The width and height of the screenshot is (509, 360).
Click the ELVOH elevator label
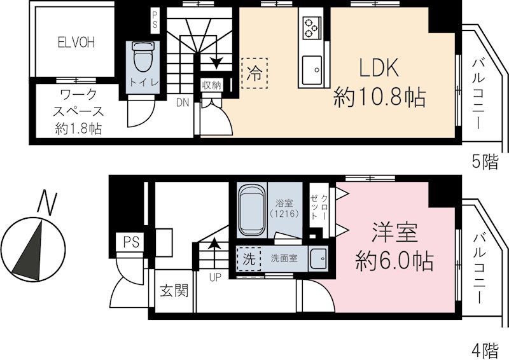[76, 43]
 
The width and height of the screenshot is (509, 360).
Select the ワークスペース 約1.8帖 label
[78, 111]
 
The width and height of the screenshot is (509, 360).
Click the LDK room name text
[379, 67]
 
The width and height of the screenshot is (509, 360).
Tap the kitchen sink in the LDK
[313, 69]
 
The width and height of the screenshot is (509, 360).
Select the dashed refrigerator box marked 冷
[254, 72]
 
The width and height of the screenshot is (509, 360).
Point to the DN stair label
[183, 102]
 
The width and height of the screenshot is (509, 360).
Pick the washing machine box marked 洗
[249, 260]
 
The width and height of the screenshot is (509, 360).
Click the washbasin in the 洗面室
[317, 259]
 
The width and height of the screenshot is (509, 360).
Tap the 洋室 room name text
[394, 233]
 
